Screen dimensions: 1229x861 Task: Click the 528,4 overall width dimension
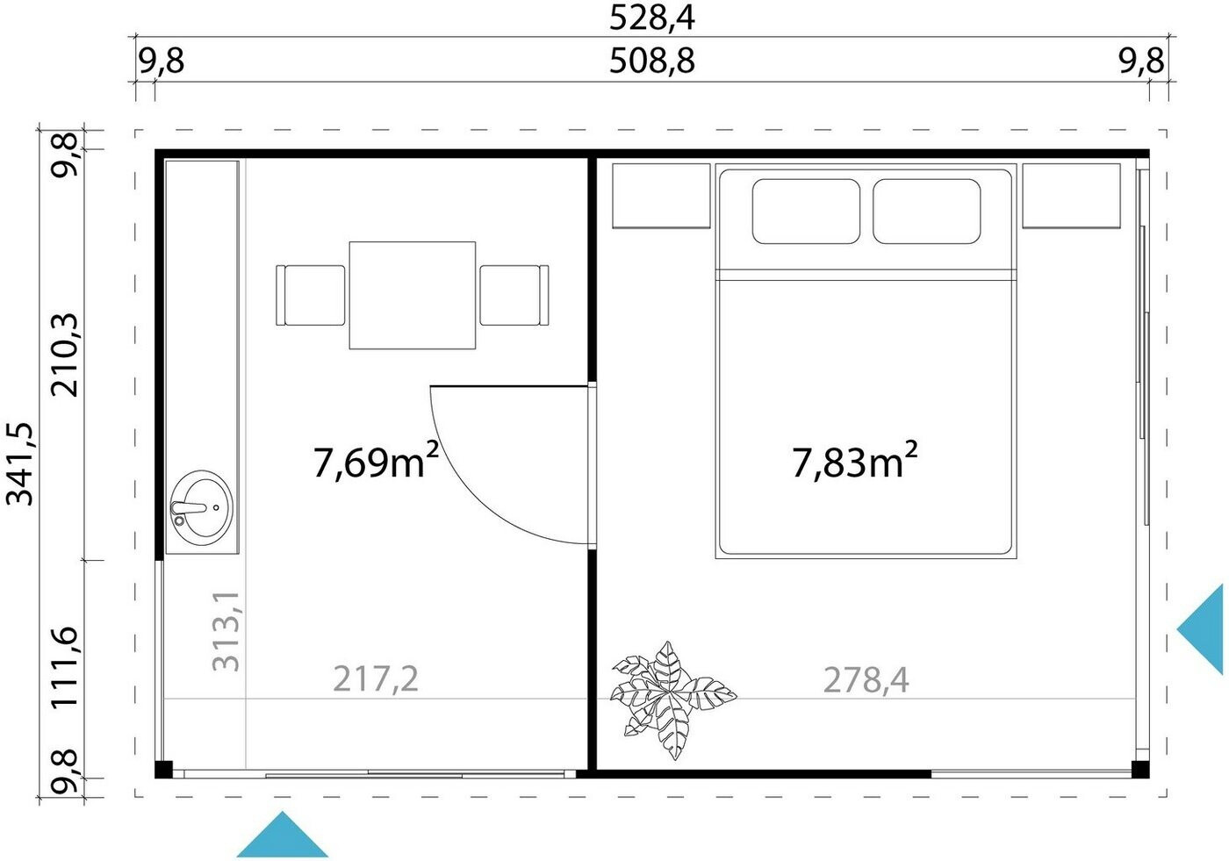click(651, 18)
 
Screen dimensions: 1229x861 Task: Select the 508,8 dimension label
click(651, 61)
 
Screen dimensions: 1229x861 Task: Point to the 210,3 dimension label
click(64, 355)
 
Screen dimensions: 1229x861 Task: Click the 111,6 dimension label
click(64, 667)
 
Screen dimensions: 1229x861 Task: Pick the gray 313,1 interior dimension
click(226, 631)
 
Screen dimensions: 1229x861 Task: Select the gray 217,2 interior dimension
click(376, 679)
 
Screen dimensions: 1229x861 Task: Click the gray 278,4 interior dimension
click(866, 680)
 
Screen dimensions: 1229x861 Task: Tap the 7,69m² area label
click(377, 461)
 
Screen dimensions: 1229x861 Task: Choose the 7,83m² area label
click(855, 461)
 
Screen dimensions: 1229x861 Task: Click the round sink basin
click(201, 507)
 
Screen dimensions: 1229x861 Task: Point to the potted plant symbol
click(674, 700)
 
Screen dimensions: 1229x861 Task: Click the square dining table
click(413, 295)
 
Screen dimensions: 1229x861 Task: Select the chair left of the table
click(311, 295)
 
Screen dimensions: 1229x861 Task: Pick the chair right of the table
click(514, 295)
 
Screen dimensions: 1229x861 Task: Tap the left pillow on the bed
click(806, 212)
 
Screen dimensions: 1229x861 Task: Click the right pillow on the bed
click(927, 212)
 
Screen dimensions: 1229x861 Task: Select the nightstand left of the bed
click(661, 196)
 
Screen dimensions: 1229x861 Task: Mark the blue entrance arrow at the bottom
click(283, 834)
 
